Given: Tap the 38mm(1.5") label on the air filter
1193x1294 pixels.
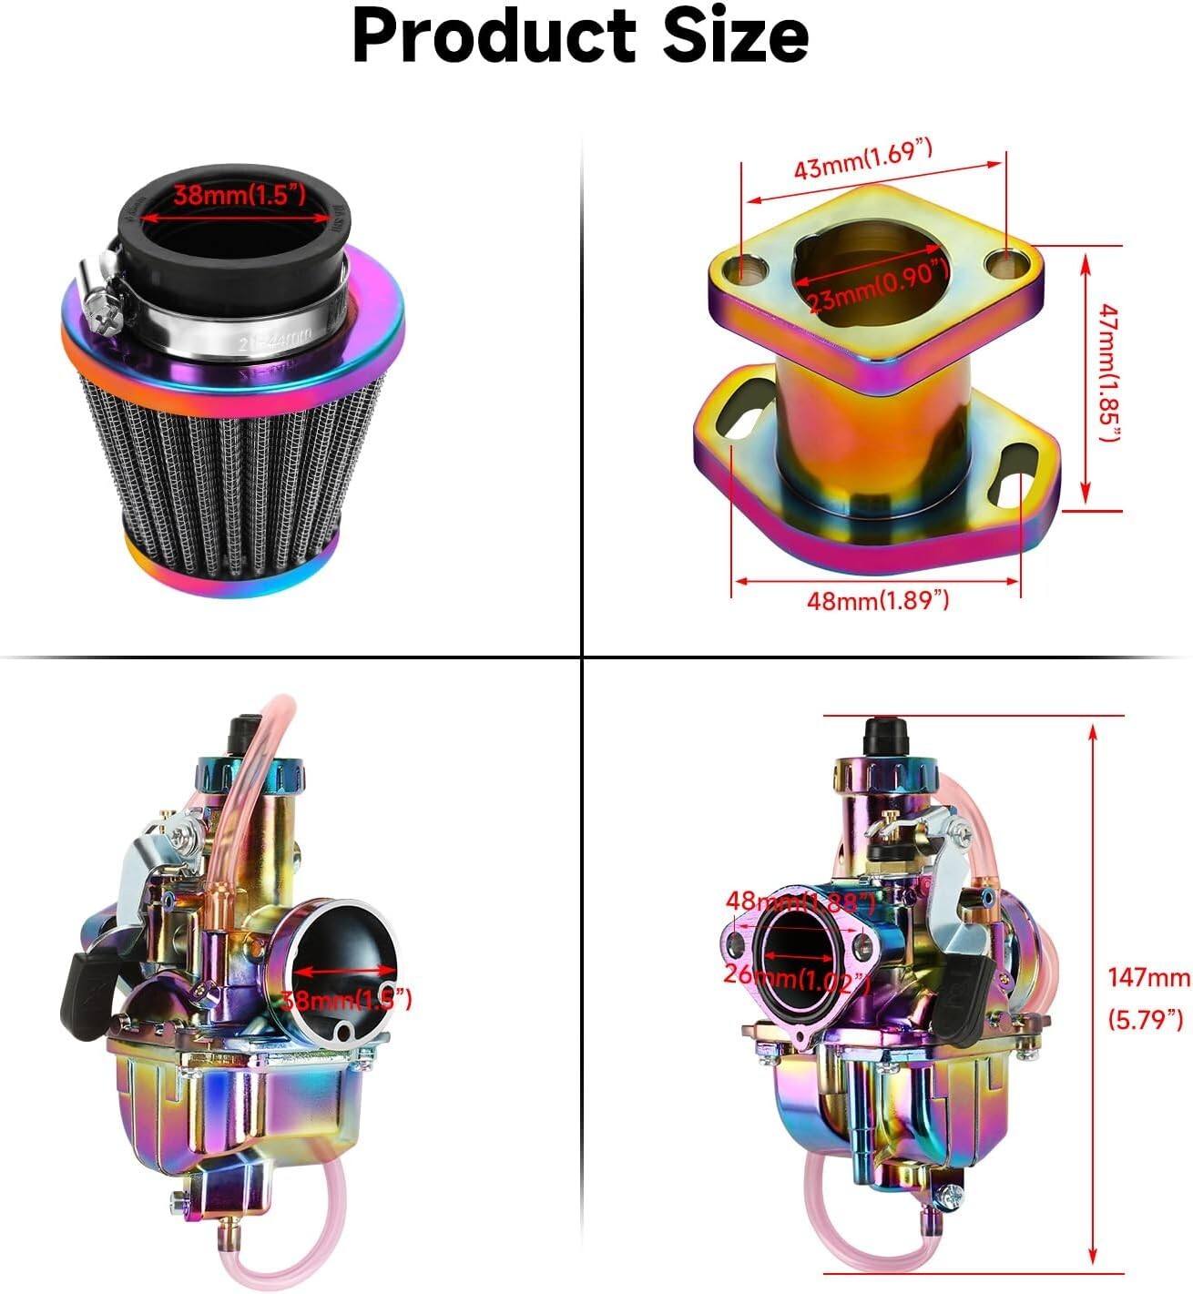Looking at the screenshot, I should pyautogui.click(x=239, y=195).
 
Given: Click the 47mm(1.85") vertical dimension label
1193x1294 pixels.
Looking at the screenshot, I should pyautogui.click(x=1107, y=372).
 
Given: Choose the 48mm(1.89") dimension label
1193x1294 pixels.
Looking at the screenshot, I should pyautogui.click(x=878, y=600).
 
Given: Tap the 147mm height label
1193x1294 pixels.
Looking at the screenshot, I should pyautogui.click(x=1147, y=977).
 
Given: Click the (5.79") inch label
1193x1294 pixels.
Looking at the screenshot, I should pyautogui.click(x=1146, y=1018).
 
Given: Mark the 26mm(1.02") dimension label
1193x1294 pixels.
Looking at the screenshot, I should pyautogui.click(x=796, y=977).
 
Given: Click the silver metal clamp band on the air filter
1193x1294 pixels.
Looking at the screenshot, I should pyautogui.click(x=246, y=335).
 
